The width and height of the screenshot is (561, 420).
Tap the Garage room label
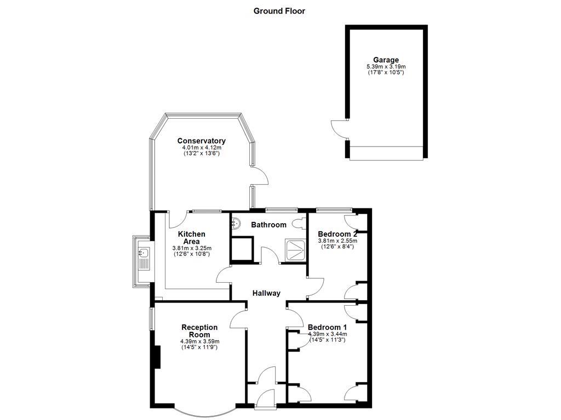(x=386, y=60)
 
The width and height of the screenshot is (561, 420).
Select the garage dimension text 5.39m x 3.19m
(x=386, y=67)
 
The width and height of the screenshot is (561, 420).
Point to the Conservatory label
(x=201, y=141)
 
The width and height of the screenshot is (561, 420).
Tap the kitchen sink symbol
(x=144, y=253)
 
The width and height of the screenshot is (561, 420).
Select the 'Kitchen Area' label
(x=192, y=238)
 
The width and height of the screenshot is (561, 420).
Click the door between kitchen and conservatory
(x=176, y=220)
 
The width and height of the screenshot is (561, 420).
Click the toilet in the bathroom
(x=300, y=224)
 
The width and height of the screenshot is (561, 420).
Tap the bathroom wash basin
(x=236, y=223)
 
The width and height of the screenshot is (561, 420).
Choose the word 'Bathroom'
(x=268, y=225)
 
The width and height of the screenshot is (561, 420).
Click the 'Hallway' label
(x=266, y=293)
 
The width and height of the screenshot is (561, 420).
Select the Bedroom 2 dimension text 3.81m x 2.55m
(x=337, y=241)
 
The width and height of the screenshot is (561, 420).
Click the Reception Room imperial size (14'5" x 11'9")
(x=199, y=347)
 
